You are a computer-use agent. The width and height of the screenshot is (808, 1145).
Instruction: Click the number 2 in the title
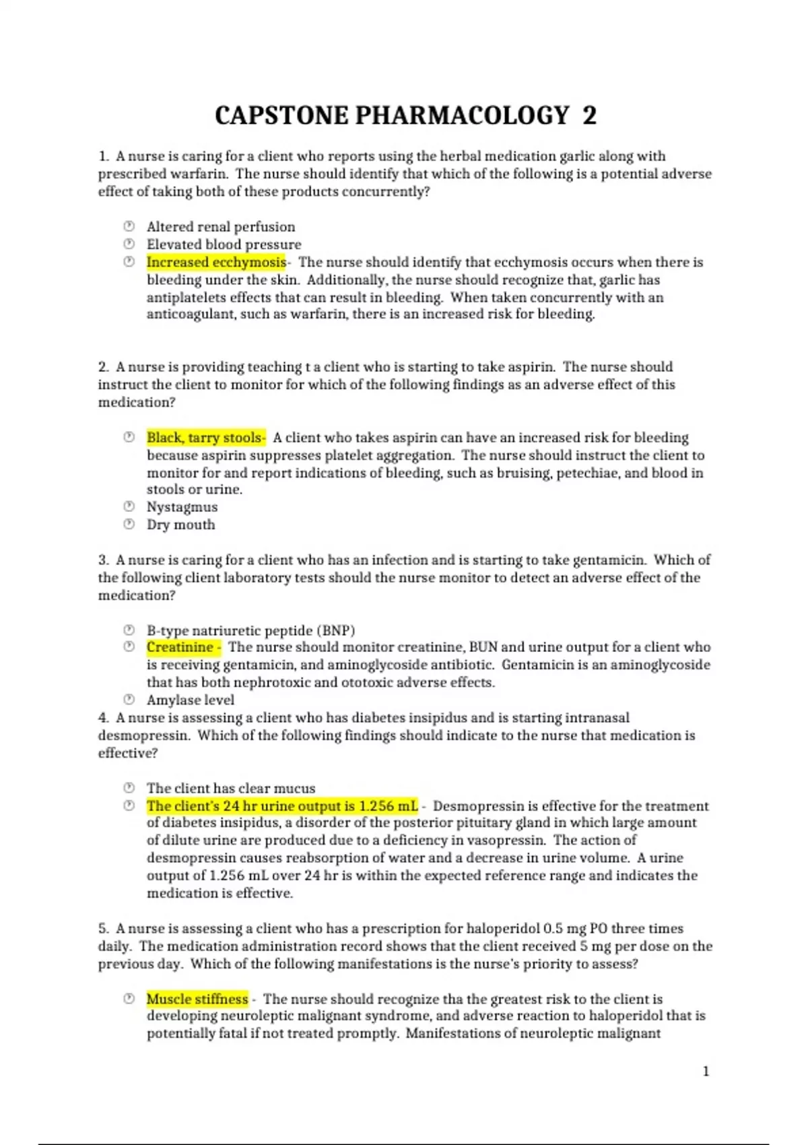(589, 116)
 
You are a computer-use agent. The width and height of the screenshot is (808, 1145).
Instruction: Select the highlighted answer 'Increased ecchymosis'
(216, 262)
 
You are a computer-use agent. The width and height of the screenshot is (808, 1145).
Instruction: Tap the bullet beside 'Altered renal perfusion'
(129, 226)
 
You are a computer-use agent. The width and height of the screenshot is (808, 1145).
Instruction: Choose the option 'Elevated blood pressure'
(224, 244)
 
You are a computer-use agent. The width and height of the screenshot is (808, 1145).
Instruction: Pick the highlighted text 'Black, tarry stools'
(205, 438)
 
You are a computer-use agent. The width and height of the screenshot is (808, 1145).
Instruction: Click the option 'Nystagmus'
(182, 507)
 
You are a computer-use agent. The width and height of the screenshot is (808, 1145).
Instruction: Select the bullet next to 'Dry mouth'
(129, 524)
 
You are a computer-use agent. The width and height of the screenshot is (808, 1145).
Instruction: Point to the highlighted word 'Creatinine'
(180, 647)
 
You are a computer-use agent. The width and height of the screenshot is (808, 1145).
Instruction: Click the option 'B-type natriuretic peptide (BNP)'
(250, 630)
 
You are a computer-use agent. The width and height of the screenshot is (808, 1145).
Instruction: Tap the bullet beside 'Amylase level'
(129, 699)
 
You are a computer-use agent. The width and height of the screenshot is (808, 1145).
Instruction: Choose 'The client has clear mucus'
(231, 788)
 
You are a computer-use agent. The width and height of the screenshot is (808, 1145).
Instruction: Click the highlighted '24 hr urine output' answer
(282, 806)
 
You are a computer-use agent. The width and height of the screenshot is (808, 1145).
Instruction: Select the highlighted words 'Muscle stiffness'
(197, 999)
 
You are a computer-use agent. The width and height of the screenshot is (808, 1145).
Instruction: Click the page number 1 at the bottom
(706, 1071)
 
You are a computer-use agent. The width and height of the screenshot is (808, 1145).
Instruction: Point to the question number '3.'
(104, 560)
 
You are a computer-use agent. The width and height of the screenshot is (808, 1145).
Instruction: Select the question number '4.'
(104, 718)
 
